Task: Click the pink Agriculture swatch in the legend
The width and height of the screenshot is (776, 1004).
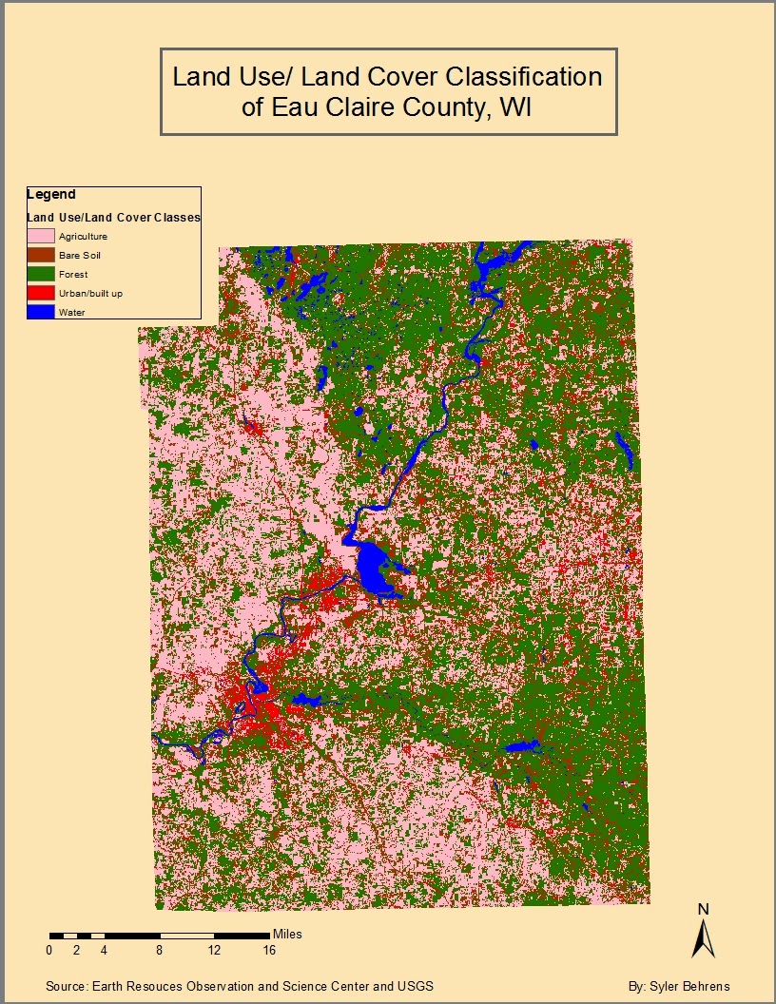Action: pos(41,236)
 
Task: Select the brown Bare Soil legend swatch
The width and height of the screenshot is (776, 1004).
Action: pos(41,255)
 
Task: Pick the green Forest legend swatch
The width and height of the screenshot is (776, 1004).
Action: pos(41,274)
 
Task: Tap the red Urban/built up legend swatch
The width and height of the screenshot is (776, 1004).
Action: pos(41,293)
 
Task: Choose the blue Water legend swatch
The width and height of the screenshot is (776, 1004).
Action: pos(41,311)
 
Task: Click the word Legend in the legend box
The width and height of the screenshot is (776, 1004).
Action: pos(51,194)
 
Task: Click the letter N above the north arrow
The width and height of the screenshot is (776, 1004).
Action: pos(704,909)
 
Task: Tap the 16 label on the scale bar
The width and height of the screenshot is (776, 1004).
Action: pos(269,950)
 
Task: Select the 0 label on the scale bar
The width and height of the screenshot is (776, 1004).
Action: pos(49,950)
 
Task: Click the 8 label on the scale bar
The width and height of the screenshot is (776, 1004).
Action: pos(160,950)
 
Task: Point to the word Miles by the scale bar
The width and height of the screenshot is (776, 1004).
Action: pos(287,935)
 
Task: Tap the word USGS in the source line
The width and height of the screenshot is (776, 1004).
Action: pos(415,987)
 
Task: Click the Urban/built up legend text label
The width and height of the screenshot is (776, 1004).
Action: pos(90,293)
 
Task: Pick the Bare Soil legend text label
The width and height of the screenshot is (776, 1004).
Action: pos(79,255)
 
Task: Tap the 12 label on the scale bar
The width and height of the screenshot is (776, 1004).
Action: pos(215,950)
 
